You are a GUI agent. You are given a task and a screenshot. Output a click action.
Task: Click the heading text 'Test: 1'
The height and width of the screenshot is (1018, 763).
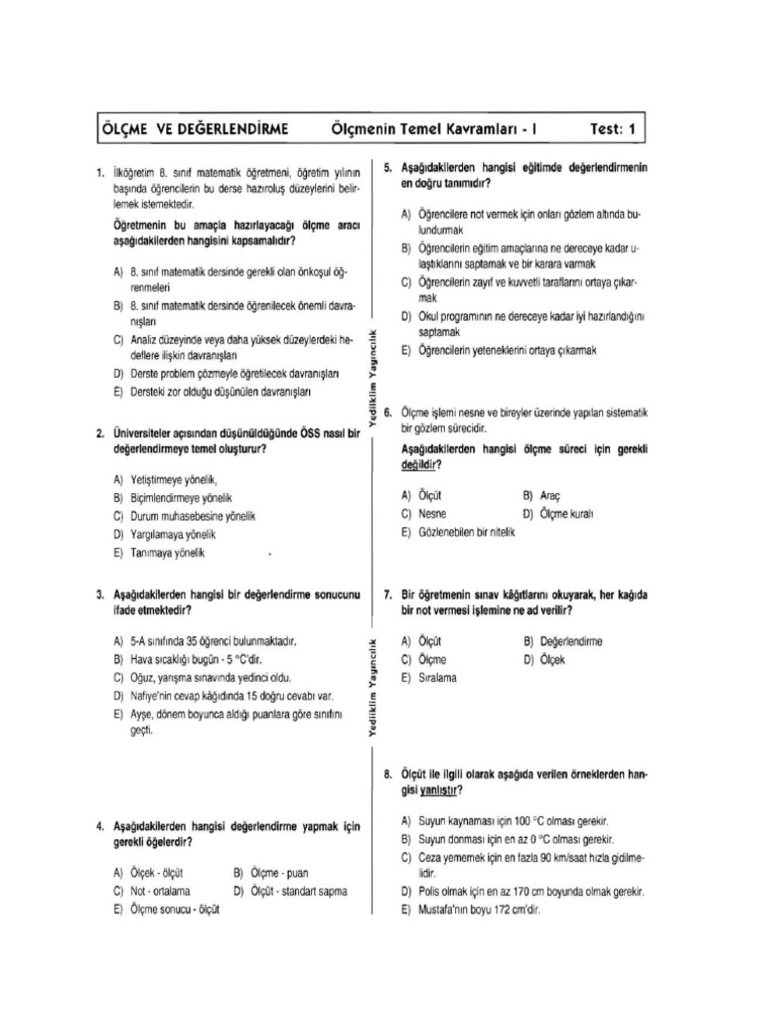(x=618, y=129)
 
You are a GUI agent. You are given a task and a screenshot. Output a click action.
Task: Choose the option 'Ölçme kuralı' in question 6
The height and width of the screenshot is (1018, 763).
(x=565, y=514)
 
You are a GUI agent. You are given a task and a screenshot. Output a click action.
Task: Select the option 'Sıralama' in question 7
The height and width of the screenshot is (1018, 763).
(x=437, y=677)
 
